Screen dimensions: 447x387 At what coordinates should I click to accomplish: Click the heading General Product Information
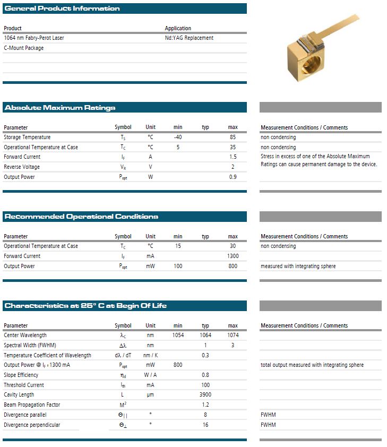[x=62, y=8]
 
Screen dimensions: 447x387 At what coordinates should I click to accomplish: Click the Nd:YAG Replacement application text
[x=189, y=38]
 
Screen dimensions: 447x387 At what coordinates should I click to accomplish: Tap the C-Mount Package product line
[x=24, y=48]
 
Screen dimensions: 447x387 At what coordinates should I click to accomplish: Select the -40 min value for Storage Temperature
[x=178, y=137]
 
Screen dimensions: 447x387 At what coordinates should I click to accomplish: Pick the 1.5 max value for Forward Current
[x=233, y=157]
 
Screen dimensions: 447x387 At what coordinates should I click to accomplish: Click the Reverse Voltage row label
[x=22, y=167]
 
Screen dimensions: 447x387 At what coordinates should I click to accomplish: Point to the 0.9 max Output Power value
[x=233, y=177]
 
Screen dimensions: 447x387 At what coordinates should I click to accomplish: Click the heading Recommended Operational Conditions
[x=81, y=217]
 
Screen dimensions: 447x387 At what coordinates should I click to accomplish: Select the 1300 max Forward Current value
[x=233, y=256]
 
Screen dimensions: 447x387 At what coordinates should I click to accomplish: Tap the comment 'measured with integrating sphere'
[x=298, y=267]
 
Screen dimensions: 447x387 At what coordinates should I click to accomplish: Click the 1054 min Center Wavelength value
[x=178, y=336]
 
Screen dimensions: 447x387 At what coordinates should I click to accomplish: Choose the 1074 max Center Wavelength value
[x=233, y=336]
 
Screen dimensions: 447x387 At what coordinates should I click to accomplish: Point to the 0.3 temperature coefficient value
[x=205, y=356]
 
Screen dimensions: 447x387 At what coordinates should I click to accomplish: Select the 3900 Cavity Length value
[x=205, y=395]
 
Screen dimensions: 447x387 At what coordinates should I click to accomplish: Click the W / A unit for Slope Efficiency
[x=151, y=375]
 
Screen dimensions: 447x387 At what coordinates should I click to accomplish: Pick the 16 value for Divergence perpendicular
[x=205, y=425]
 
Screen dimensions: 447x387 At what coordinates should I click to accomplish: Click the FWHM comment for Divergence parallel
[x=268, y=415]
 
